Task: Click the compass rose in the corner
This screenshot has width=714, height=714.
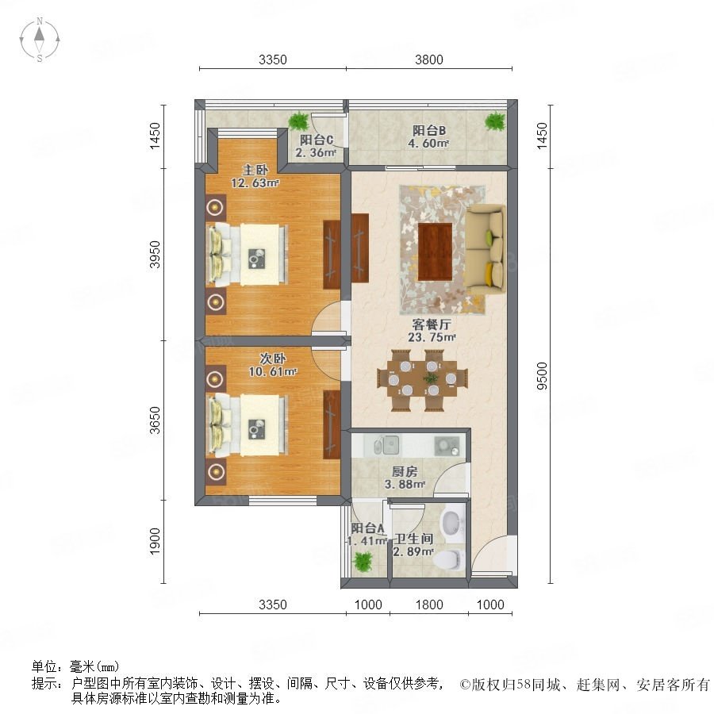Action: point(40,40)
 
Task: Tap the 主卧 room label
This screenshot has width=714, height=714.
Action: point(255,170)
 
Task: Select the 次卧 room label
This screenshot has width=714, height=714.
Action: point(272,359)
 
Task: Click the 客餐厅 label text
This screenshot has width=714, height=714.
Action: point(432,324)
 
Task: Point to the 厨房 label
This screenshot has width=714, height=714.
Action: point(405,472)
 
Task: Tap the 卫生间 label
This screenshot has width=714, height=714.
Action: point(413,539)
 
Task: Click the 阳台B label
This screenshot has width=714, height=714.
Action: point(429,131)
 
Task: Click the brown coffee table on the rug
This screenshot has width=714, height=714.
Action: point(435,251)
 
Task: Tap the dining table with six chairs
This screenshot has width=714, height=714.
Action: point(423,379)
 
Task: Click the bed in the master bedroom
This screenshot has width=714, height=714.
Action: point(248,255)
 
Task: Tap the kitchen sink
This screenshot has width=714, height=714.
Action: point(386,445)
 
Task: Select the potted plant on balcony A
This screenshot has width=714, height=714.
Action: point(363,562)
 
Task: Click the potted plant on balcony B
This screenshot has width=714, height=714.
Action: point(494,121)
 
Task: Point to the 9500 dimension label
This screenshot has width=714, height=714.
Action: point(542,376)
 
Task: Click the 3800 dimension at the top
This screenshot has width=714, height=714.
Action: point(429,59)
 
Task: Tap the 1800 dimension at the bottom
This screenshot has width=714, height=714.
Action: point(429,605)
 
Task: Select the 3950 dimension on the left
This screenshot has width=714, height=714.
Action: point(155,254)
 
